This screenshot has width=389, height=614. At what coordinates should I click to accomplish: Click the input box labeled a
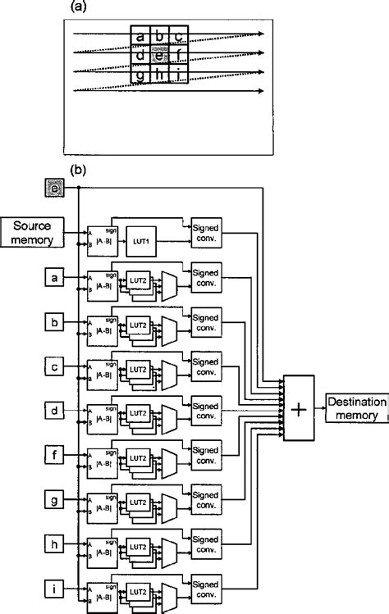(x=53, y=280)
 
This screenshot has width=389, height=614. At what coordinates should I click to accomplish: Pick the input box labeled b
(x=53, y=322)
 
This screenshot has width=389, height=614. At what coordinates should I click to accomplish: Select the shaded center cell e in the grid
(x=160, y=55)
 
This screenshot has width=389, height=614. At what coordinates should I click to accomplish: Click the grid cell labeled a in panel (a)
(x=140, y=36)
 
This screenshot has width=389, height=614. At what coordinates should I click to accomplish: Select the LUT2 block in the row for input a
(x=138, y=283)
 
